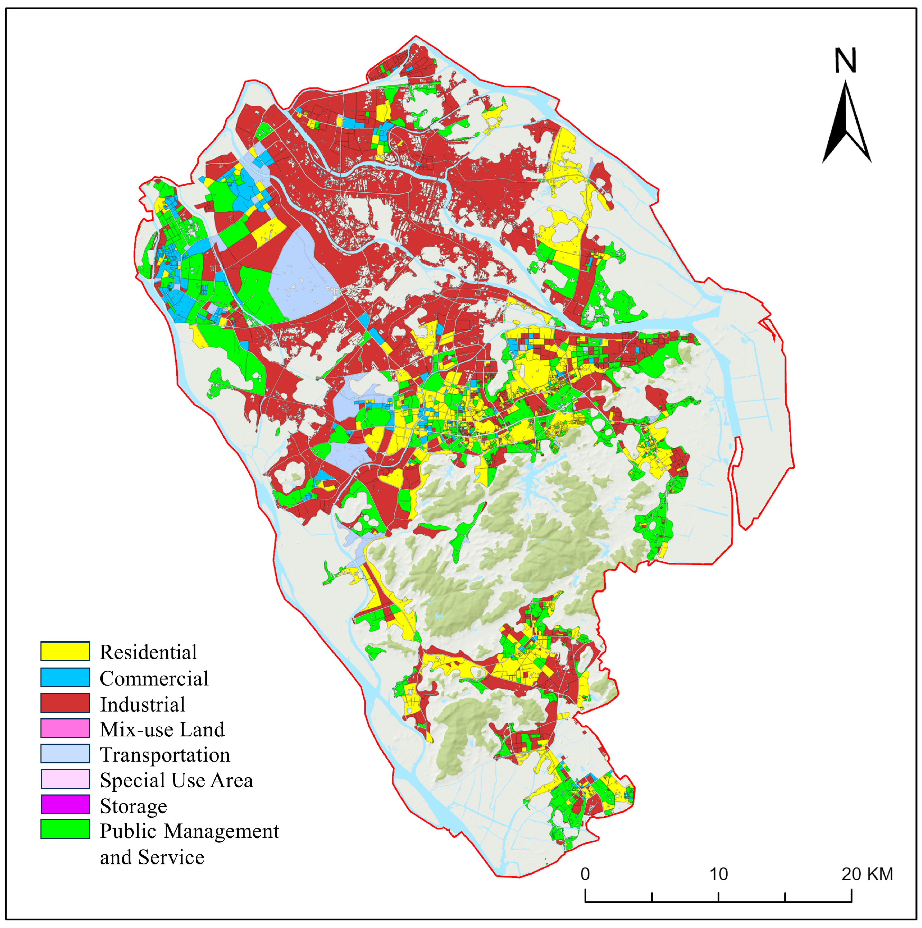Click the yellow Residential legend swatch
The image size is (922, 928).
coord(65,651)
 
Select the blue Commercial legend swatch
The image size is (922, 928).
coord(65,677)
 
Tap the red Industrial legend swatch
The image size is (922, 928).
coord(65,703)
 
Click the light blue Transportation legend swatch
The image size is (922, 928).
coord(65,754)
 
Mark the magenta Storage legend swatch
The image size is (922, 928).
coord(65,805)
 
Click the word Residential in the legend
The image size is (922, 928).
coord(148,652)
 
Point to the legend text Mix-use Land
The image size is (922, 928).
coord(162,729)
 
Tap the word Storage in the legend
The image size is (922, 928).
coord(133,806)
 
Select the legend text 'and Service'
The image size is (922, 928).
coord(152,857)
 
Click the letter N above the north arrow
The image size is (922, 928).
coord(845,61)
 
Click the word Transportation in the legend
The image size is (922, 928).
coord(165,755)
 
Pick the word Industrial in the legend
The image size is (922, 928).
coord(142,704)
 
